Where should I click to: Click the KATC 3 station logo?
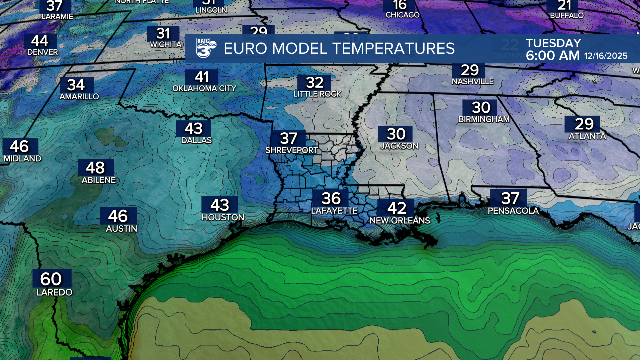pyautogui.click(x=205, y=49)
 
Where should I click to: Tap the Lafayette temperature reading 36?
pyautogui.click(x=331, y=198)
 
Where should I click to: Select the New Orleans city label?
pyautogui.click(x=399, y=220)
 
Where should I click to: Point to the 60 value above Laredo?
pyautogui.click(x=51, y=279)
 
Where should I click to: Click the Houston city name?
pyautogui.click(x=223, y=217)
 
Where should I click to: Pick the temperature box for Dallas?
pyautogui.click(x=193, y=128)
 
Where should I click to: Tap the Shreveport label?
pyautogui.click(x=291, y=150)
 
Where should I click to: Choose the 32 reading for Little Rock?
pyautogui.click(x=315, y=82)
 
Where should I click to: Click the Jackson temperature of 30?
pyautogui.click(x=396, y=134)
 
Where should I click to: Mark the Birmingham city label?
pyautogui.click(x=484, y=119)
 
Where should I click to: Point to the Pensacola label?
pyautogui.click(x=513, y=211)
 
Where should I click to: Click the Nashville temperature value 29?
pyautogui.click(x=469, y=70)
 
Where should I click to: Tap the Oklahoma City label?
pyautogui.click(x=204, y=88)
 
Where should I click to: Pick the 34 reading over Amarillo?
pyautogui.click(x=76, y=85)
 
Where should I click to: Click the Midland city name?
pyautogui.click(x=22, y=158)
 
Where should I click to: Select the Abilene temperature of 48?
pyautogui.click(x=95, y=167)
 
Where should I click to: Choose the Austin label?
pyautogui.click(x=121, y=229)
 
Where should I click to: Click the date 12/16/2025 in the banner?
pyautogui.click(x=606, y=56)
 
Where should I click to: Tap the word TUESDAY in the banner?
pyautogui.click(x=553, y=43)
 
